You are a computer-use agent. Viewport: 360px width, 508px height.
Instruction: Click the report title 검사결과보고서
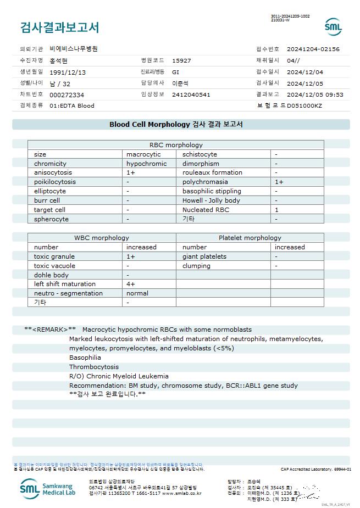coord(59,27)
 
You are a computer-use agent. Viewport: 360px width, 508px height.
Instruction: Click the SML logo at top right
coord(333,26)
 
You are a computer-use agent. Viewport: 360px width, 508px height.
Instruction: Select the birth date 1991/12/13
coord(68,72)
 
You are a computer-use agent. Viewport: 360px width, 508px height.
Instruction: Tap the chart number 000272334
coord(67,94)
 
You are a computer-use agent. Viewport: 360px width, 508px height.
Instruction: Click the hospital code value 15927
coord(181,60)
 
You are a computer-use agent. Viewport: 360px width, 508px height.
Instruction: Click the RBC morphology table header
coord(176,145)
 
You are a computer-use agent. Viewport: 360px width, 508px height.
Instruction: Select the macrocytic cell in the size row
coord(143,154)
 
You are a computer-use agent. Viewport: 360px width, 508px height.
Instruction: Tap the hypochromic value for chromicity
coord(146,164)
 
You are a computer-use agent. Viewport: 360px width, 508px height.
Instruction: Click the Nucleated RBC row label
coord(206,210)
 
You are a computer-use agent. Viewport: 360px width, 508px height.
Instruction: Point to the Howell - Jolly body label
coord(211,200)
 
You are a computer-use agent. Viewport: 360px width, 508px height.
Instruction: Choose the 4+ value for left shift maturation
coord(131,284)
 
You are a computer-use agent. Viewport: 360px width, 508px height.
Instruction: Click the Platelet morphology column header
coord(250,238)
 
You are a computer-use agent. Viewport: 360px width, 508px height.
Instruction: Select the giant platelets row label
coord(204,256)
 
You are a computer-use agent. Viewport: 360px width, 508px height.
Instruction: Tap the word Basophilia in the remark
coord(85,358)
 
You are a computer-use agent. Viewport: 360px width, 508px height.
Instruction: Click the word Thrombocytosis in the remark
coord(94,367)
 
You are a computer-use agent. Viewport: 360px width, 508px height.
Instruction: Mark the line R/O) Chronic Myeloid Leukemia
coord(119,376)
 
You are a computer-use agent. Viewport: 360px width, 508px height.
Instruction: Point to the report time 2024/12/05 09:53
coord(315,94)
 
